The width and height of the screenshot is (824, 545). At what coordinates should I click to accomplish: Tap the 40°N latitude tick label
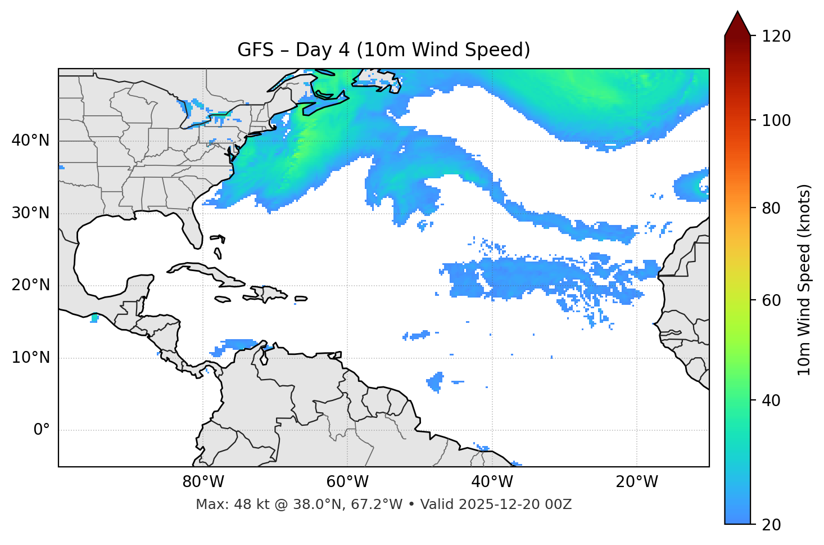pos(30,141)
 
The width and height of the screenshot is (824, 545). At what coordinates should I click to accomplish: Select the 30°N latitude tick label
pos(30,213)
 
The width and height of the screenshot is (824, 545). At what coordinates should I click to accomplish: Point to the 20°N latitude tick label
pos(30,285)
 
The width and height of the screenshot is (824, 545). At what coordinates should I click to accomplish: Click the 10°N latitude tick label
pos(30,358)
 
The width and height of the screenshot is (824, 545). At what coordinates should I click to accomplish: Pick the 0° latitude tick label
pos(41,430)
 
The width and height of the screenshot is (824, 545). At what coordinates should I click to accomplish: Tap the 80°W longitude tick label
pos(203,482)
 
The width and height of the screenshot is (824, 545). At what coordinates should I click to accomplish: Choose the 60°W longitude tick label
pos(347,482)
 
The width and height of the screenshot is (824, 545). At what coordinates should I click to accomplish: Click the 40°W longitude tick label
pos(492,482)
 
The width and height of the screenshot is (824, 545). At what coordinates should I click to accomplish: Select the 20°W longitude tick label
pos(636,482)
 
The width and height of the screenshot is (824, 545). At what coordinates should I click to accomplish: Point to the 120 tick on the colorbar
pos(776,36)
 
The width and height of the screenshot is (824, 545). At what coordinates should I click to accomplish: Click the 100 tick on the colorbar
pos(776,120)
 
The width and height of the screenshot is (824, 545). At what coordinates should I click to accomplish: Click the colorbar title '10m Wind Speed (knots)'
pos(804,280)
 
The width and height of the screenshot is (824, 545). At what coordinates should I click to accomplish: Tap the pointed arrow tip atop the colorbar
pos(737,12)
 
